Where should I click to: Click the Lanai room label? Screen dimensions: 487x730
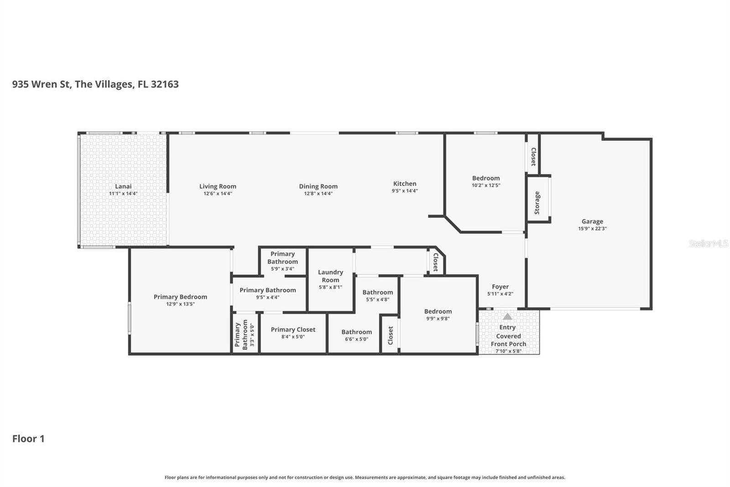(123, 186)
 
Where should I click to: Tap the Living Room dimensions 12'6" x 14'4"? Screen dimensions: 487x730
(218, 194)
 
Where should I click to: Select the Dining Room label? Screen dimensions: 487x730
(318, 186)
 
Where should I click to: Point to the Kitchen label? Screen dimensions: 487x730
(405, 184)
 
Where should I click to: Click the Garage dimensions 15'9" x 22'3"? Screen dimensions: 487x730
(592, 229)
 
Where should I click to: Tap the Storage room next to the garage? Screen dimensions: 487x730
(537, 202)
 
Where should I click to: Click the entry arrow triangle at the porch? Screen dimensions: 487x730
(507, 316)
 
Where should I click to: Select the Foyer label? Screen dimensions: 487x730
(500, 287)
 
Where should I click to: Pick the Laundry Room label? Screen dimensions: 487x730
(330, 276)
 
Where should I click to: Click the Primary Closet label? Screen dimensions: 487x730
(293, 329)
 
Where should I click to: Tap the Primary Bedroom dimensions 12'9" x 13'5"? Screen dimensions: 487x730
(180, 304)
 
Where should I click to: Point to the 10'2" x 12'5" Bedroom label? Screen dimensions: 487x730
(486, 178)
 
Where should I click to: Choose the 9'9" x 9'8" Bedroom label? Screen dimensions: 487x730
(438, 312)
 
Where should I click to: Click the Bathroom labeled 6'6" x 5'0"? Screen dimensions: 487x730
(356, 332)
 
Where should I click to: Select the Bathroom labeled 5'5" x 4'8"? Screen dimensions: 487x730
(377, 292)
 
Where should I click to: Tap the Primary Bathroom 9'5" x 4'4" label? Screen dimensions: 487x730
(268, 290)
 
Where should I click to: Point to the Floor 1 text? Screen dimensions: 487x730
(28, 439)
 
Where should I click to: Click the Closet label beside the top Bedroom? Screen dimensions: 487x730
(533, 156)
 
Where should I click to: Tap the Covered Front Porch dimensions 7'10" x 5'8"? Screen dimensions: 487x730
(508, 351)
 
